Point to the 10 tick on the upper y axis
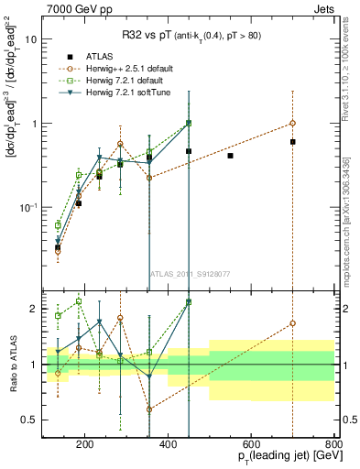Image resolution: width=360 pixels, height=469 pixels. click(x=31, y=40)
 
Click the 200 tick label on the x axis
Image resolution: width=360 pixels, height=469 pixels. click(x=85, y=444)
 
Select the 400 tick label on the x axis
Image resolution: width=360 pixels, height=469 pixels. click(x=169, y=444)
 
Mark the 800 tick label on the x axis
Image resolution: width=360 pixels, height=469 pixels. click(x=333, y=444)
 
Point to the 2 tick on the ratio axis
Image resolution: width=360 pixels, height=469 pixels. click(x=35, y=310)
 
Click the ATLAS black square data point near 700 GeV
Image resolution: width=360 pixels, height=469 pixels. click(x=292, y=142)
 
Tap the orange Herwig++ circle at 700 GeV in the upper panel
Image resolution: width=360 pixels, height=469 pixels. click(x=292, y=123)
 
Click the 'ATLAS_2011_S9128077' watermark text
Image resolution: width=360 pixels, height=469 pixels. click(x=190, y=273)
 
